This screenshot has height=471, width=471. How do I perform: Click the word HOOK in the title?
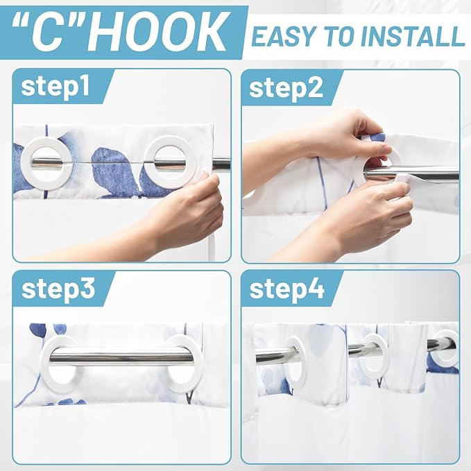[157, 32]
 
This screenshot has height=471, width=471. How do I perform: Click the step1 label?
[55, 87]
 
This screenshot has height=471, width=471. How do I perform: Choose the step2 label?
[286, 88]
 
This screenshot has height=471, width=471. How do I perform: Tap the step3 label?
[58, 289]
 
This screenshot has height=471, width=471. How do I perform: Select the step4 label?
[287, 289]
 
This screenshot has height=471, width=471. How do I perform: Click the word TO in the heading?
[341, 37]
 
